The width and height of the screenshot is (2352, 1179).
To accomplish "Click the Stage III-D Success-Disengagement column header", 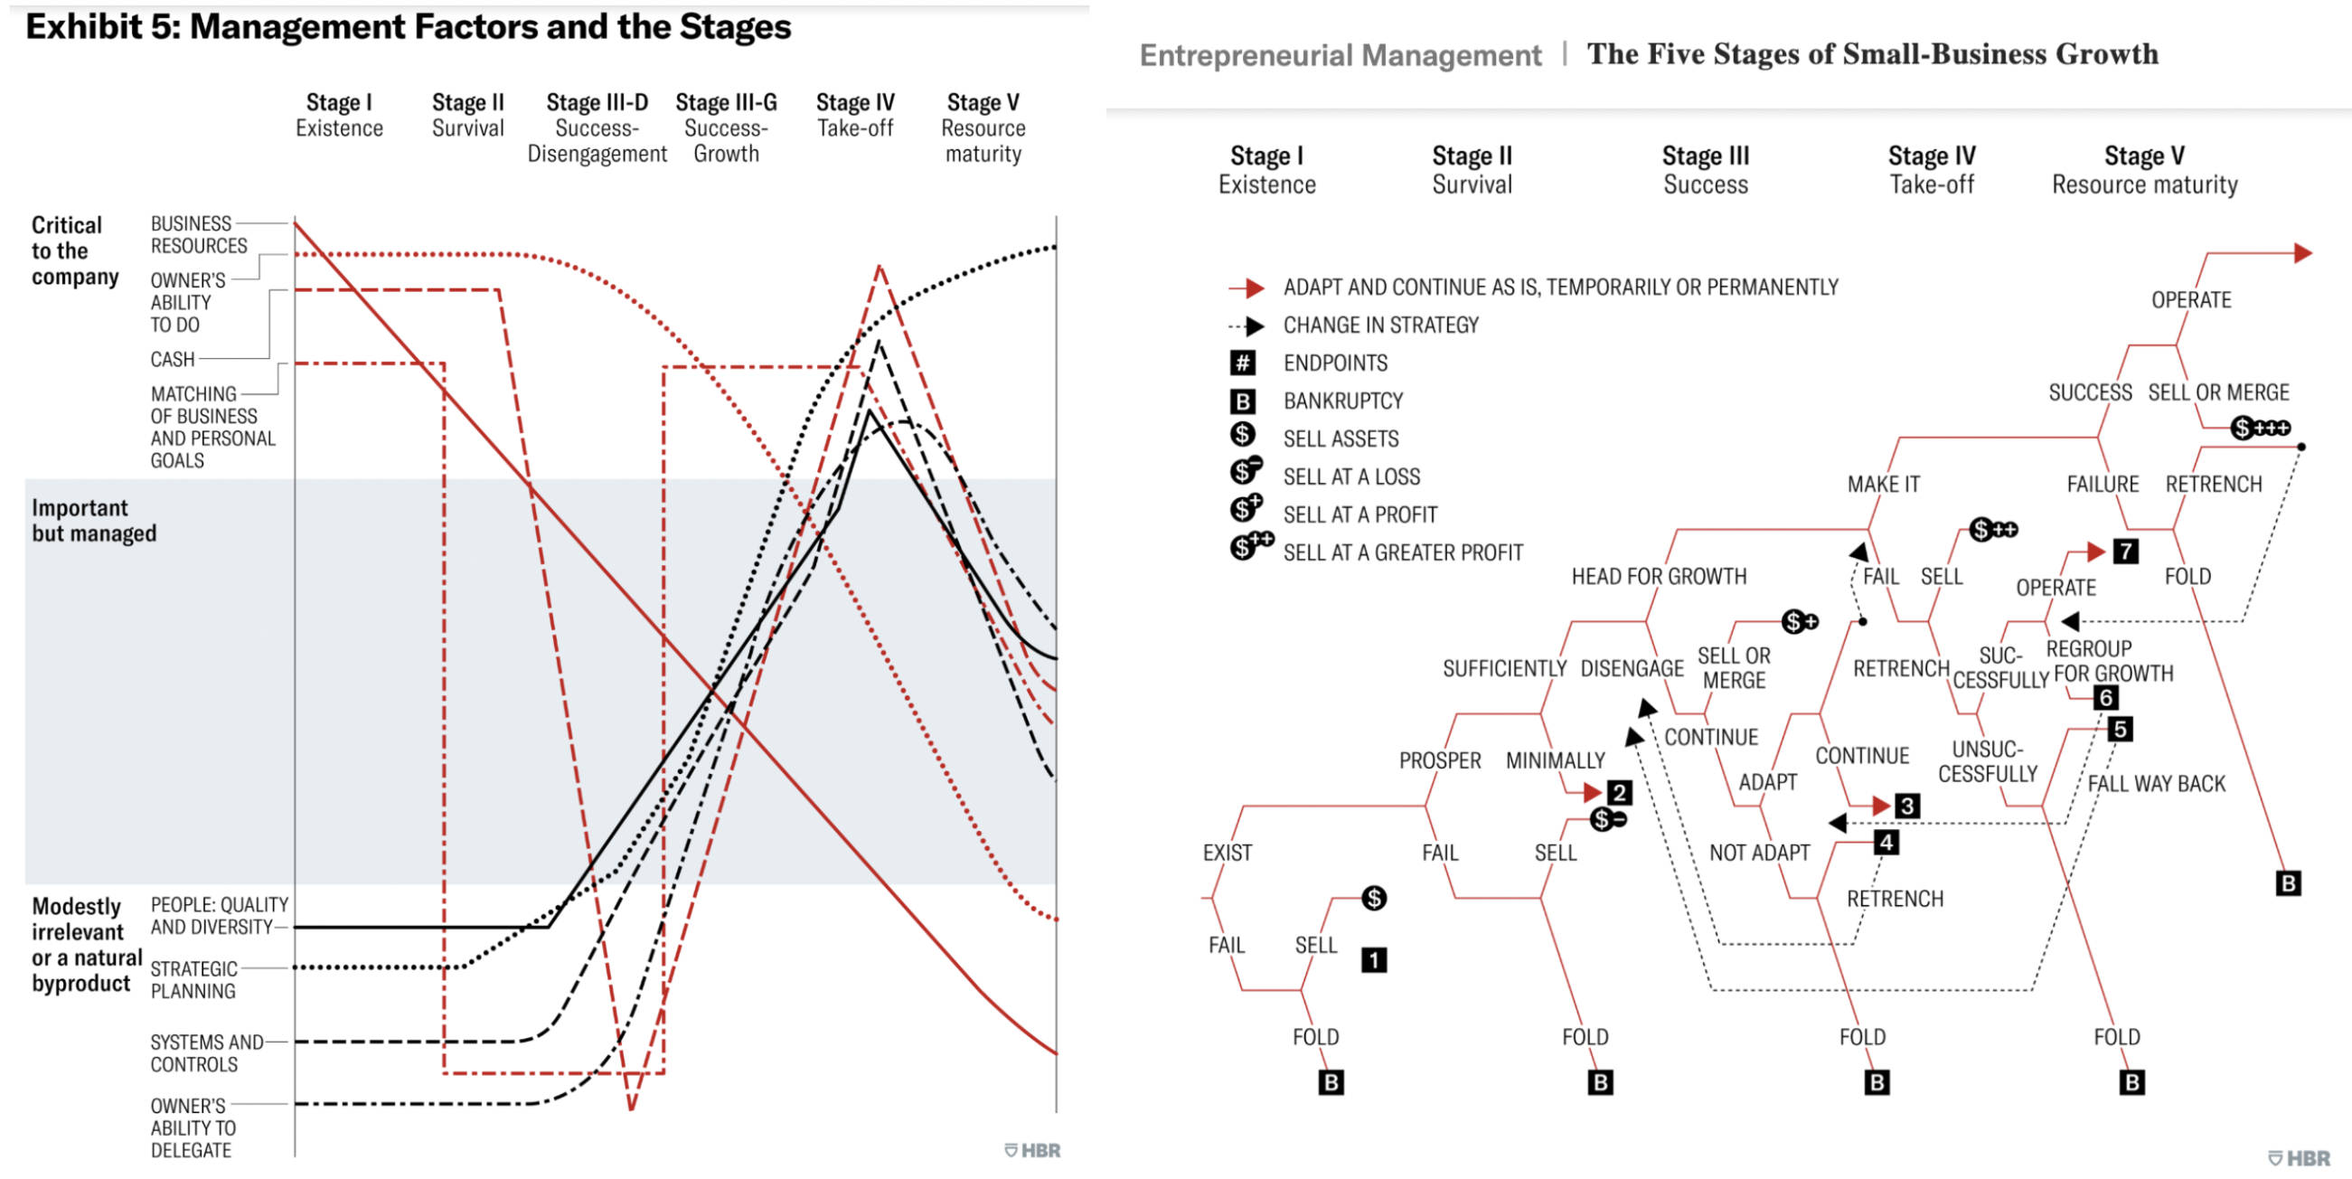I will tap(597, 127).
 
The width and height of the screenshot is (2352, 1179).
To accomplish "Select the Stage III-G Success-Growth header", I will tap(726, 127).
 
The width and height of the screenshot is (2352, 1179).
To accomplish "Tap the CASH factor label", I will tap(173, 360).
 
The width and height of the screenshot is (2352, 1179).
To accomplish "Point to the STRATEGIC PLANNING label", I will tap(193, 980).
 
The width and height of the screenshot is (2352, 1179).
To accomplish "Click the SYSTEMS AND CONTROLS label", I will tap(206, 1053).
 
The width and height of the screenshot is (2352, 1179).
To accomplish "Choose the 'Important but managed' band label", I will tap(94, 521).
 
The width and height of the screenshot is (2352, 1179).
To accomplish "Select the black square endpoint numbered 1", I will tap(1373, 960).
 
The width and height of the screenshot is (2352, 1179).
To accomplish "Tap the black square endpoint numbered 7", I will tap(2125, 552).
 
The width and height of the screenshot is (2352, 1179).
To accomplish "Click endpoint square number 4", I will tap(1886, 842).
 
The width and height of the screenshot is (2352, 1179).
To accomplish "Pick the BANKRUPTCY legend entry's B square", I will tap(1243, 401).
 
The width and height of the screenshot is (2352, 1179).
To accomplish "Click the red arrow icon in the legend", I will tap(1247, 288).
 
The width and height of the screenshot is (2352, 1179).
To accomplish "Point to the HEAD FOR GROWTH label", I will tap(1658, 577).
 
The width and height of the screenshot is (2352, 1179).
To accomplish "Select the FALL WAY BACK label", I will tap(2156, 785).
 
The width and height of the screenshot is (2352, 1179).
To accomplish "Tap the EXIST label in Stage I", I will tap(1228, 853).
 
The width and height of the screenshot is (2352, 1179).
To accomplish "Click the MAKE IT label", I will tap(1883, 485).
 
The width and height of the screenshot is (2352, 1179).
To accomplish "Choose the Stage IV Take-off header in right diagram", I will tap(1931, 170).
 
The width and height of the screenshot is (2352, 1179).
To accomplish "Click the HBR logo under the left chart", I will tap(1032, 1151).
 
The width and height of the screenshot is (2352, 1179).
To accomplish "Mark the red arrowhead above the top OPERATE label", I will tap(2302, 253).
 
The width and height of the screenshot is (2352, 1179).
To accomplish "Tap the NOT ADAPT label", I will tap(1758, 853).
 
